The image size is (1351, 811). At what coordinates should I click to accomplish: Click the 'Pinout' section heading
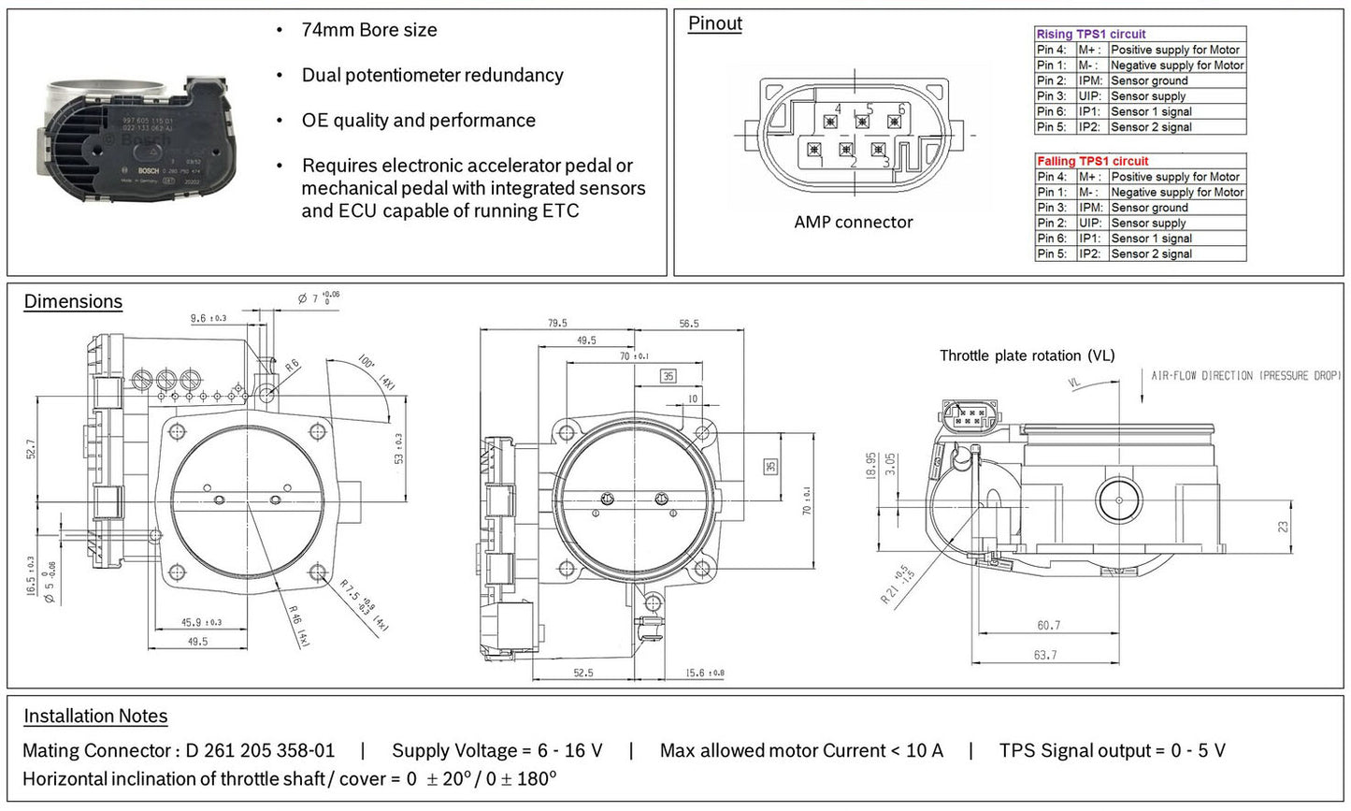(714, 23)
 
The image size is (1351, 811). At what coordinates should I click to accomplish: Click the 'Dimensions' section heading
(73, 301)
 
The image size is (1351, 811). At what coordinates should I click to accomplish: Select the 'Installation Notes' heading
(95, 716)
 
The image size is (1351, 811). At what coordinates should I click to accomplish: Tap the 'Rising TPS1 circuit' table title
(1090, 34)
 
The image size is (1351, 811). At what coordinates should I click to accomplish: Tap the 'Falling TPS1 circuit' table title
(1092, 161)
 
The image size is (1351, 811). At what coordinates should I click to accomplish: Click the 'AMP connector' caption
(853, 222)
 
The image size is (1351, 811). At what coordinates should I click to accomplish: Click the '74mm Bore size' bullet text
(368, 30)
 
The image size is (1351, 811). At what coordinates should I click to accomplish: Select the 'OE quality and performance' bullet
(418, 120)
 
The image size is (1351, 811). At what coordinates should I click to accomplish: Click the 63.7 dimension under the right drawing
(1045, 655)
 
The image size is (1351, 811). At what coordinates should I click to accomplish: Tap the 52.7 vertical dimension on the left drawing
(31, 449)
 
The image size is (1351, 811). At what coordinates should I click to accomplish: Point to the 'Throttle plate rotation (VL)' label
(1027, 355)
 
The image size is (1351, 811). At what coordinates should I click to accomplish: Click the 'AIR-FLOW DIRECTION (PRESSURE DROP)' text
(1245, 376)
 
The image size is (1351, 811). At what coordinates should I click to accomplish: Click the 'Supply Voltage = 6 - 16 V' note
(496, 750)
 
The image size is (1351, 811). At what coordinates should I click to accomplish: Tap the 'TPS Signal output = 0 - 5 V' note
(1112, 750)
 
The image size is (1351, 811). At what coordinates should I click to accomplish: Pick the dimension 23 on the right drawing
(1283, 528)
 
